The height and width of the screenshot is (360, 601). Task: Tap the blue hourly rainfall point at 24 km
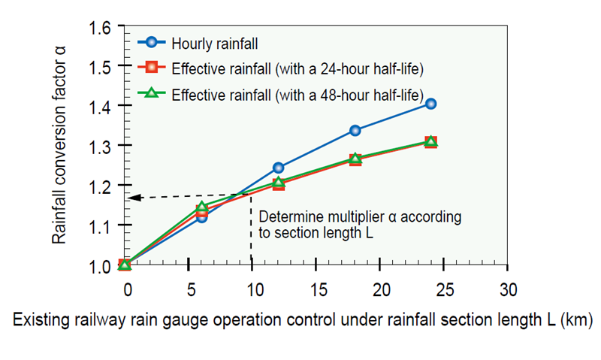point(430,104)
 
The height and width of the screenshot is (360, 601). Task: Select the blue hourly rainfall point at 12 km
point(279,168)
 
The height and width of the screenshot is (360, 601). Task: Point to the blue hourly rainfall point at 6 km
point(201,216)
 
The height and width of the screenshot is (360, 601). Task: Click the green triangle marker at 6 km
point(201,207)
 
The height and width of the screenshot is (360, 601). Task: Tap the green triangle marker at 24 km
point(430,141)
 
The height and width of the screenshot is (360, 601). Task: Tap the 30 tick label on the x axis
point(509,290)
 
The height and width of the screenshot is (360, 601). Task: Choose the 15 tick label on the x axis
point(319,290)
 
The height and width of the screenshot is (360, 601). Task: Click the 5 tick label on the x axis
point(192,290)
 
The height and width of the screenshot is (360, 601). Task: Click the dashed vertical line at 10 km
point(250,233)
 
